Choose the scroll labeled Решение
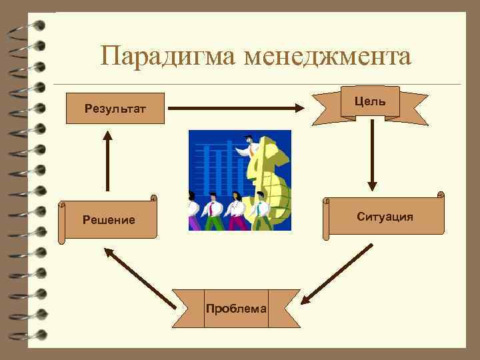click(109, 219)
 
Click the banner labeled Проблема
click(236, 309)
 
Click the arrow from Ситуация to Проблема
click(337, 274)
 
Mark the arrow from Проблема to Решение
click(140, 277)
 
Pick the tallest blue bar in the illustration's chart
click(229, 167)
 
